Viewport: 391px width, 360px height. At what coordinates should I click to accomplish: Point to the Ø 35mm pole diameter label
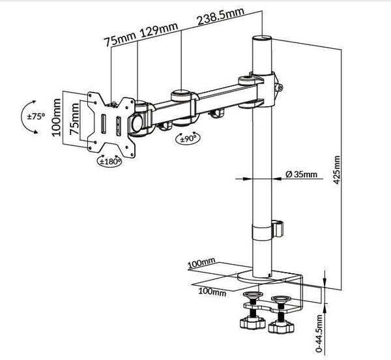[301, 174]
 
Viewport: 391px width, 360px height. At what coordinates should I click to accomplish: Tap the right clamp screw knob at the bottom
[283, 324]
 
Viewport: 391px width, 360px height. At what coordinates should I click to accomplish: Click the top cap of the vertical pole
[259, 39]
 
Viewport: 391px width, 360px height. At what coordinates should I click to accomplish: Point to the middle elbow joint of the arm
[182, 98]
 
